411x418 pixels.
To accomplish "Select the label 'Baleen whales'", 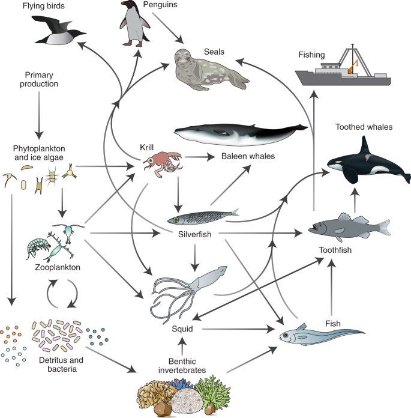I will point(248,156).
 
